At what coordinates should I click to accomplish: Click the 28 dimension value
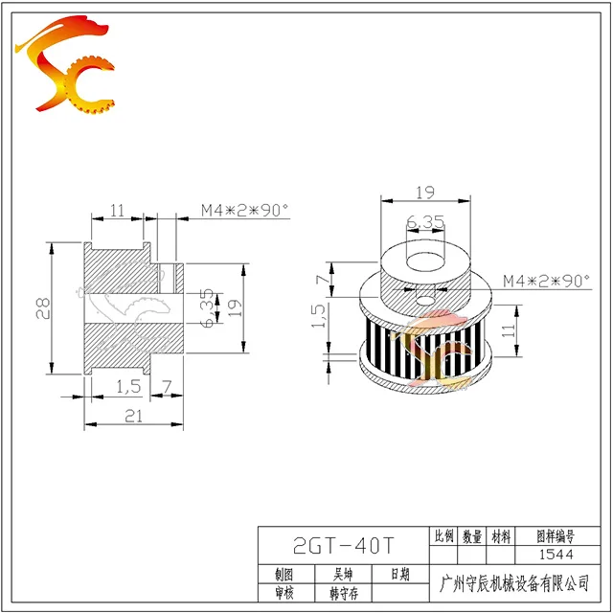pos(42,308)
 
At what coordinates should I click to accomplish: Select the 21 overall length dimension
pos(134,416)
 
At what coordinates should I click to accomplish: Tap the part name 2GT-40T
pos(344,546)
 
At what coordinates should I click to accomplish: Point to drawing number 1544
pos(556,555)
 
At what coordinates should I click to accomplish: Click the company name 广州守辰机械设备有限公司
pos(514,583)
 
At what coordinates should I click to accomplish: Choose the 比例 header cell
pos(443,536)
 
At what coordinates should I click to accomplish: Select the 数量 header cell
pos(472,536)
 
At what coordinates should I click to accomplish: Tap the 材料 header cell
pos(501,536)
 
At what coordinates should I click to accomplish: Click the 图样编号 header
pos(556,536)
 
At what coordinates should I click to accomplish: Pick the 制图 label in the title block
pos(284,575)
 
